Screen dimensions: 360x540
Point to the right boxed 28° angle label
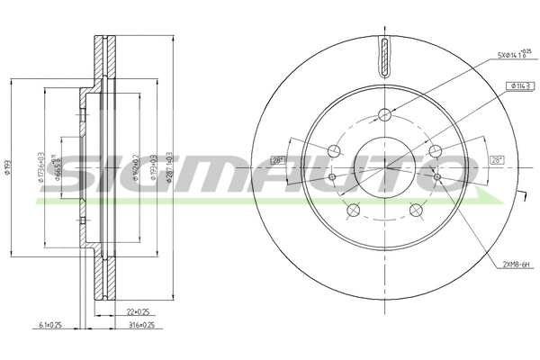tap(495, 159)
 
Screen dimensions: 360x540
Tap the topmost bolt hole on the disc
tap(385, 114)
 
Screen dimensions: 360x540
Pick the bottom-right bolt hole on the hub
tap(417, 210)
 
